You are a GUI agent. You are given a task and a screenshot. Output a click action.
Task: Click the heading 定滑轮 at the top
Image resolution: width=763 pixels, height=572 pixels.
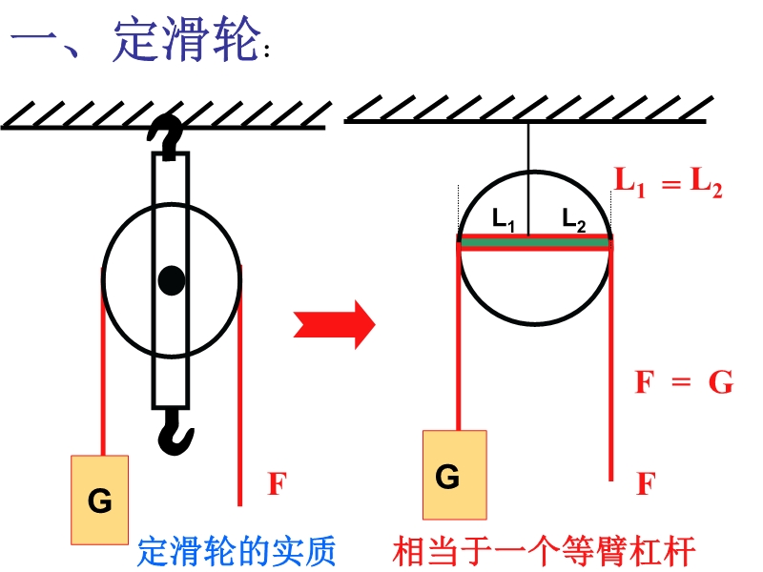click(186, 43)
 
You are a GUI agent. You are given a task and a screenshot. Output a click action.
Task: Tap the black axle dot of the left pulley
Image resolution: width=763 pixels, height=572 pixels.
click(172, 280)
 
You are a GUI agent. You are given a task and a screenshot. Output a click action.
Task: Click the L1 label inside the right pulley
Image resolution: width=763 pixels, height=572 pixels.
click(504, 219)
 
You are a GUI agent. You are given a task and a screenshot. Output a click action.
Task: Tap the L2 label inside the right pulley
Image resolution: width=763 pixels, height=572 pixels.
click(573, 219)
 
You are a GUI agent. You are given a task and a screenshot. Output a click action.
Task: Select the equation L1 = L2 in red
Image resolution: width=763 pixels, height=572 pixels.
click(667, 182)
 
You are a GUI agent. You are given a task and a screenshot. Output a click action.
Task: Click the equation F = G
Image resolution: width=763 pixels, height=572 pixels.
click(683, 383)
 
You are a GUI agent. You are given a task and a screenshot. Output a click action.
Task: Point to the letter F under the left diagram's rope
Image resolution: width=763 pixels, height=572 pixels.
click(276, 484)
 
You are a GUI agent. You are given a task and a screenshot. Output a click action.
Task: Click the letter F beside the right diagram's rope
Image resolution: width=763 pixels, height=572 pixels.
click(646, 484)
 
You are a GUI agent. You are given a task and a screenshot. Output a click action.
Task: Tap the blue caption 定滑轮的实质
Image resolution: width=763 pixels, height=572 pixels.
click(237, 551)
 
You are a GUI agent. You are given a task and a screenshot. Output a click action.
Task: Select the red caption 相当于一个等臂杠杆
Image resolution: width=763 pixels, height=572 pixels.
click(545, 551)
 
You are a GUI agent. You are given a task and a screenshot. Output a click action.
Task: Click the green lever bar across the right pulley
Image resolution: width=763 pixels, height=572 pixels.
click(534, 243)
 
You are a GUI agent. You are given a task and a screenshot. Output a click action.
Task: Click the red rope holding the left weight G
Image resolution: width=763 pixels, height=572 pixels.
click(100, 362)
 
